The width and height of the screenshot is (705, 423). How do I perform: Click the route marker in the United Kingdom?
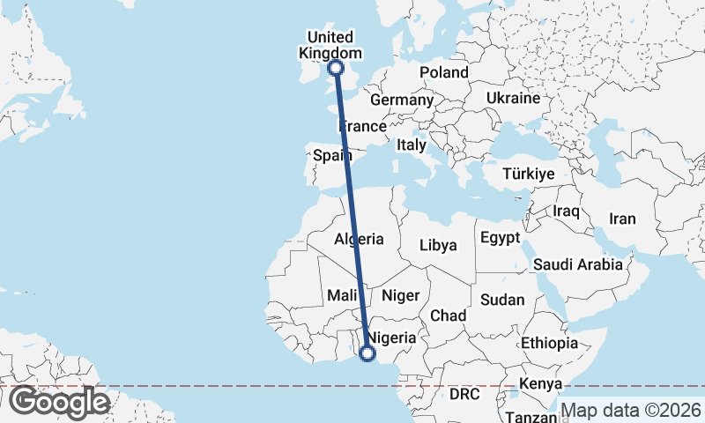click(x=335, y=68)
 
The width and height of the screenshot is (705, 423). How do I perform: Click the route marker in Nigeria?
click(x=367, y=354)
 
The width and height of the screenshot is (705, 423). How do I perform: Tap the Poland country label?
click(x=443, y=72)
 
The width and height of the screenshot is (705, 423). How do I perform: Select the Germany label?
click(x=401, y=100)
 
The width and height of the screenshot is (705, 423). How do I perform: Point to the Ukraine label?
click(x=512, y=98)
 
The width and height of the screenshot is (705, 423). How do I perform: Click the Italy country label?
click(x=412, y=145)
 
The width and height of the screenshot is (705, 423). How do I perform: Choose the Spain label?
click(x=333, y=156)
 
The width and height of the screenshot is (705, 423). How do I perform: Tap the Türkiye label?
click(x=528, y=174)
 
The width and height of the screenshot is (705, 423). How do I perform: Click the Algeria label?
click(x=359, y=239)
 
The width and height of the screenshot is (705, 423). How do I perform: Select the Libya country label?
click(x=438, y=245)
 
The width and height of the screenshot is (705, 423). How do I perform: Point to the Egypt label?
click(x=501, y=238)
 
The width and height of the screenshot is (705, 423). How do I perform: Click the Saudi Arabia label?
click(x=577, y=263)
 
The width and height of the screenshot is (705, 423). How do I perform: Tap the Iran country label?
click(x=622, y=219)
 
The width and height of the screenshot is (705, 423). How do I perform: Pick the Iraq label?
click(x=565, y=211)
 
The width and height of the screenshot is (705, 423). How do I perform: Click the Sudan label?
click(x=502, y=300)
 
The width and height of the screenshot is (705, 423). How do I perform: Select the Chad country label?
click(x=448, y=315)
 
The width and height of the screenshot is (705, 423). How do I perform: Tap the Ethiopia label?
click(x=548, y=343)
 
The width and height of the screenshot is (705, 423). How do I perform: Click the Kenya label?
click(x=540, y=384)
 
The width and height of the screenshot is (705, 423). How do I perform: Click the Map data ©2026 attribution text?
click(x=631, y=410)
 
